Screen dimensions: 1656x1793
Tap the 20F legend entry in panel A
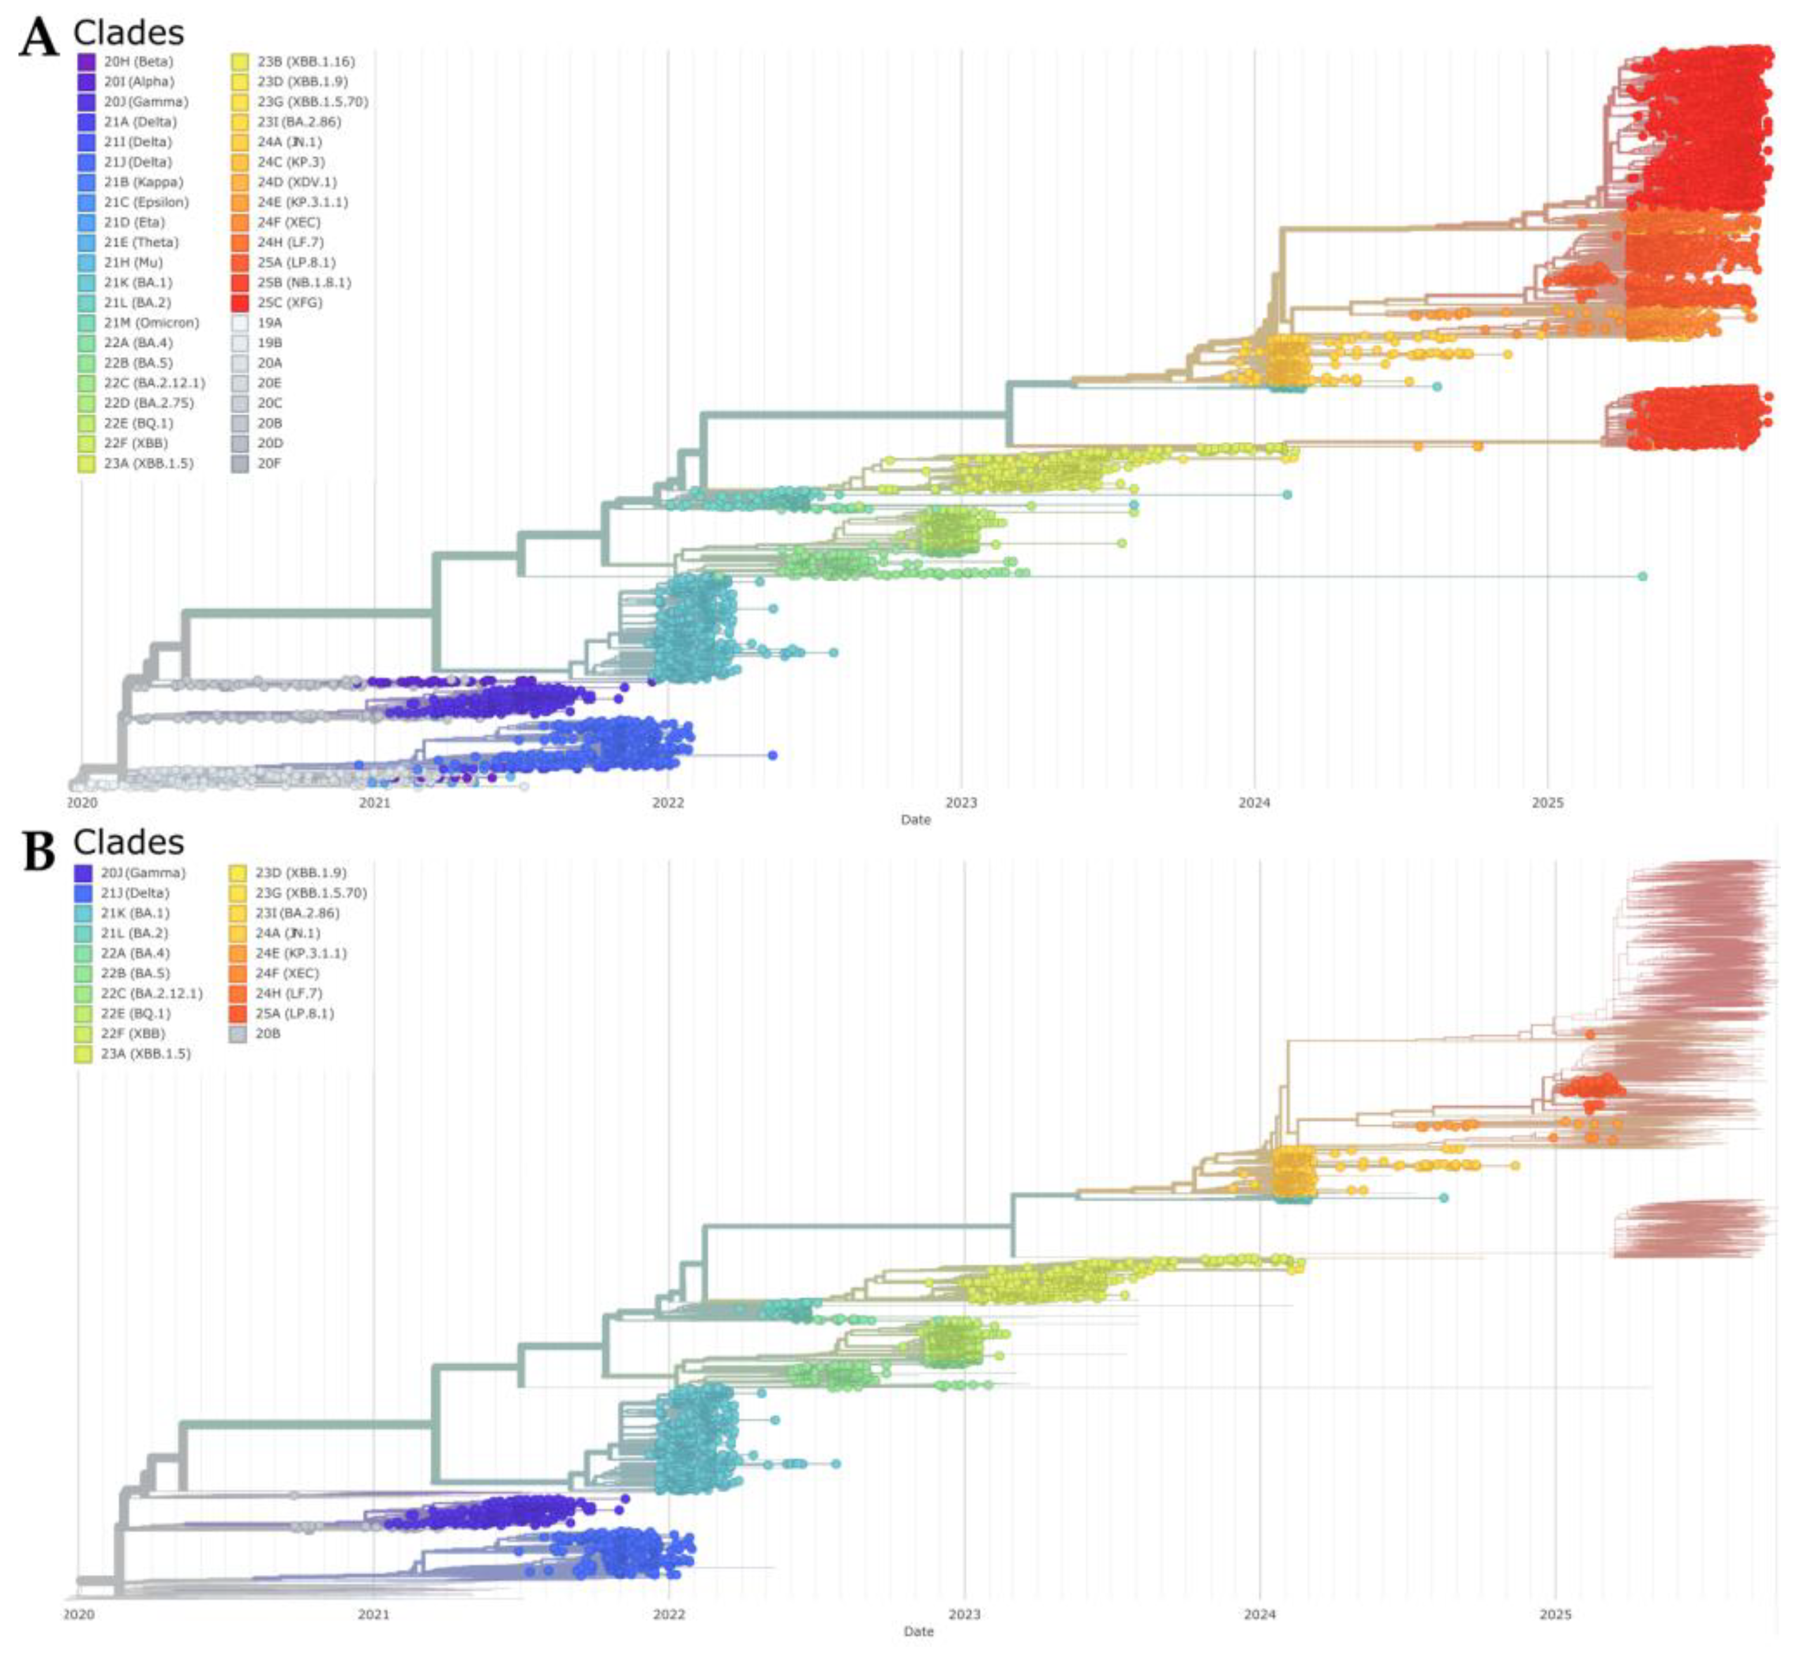(x=268, y=463)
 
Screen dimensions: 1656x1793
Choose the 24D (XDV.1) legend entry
(x=296, y=182)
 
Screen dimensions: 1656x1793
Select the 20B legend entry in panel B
(x=266, y=1033)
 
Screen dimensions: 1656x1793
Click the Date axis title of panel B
(x=918, y=1632)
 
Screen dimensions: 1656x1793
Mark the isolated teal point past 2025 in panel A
(x=1642, y=576)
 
